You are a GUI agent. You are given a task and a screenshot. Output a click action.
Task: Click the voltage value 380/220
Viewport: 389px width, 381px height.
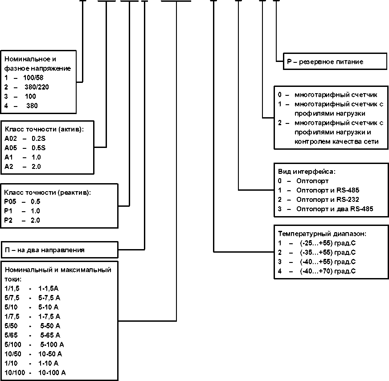tap(37, 87)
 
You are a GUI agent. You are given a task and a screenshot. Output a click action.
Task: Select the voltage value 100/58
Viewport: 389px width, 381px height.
tap(33, 78)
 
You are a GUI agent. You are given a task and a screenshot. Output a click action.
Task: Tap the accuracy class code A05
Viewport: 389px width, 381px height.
tap(11, 148)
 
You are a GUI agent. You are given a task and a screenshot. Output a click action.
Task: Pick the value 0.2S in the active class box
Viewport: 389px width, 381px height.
tap(38, 139)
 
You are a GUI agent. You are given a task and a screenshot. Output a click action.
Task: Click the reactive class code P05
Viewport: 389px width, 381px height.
tap(10, 201)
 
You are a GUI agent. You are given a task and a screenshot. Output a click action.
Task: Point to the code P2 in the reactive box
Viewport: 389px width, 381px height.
tap(8, 220)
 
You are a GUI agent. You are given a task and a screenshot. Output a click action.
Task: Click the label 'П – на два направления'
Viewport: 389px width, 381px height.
tap(45, 250)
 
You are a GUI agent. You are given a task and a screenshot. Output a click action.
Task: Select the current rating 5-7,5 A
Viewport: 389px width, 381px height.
tap(49, 298)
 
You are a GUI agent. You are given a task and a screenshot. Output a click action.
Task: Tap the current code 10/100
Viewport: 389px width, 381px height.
tap(15, 373)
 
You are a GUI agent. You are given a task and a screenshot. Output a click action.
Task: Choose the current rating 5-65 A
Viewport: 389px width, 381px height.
tap(50, 336)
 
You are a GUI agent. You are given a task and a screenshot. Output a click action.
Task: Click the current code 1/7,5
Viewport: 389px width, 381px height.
tap(12, 316)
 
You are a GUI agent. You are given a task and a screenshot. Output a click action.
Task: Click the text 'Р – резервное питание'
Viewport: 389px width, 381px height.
tap(325, 62)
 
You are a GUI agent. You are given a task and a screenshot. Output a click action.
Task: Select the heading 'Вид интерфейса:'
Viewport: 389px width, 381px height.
tap(307, 172)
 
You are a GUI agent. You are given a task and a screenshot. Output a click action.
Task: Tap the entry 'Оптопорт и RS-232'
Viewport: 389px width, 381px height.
tap(328, 200)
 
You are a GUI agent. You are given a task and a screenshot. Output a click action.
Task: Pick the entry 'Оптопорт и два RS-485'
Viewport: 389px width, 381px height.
tap(335, 209)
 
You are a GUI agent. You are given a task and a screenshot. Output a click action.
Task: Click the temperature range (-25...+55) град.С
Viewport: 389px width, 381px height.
tap(328, 243)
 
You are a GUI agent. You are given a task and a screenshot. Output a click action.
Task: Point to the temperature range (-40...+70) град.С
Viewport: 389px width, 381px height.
tap(328, 271)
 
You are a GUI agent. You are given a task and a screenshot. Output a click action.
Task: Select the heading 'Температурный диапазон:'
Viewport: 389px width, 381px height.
tap(322, 234)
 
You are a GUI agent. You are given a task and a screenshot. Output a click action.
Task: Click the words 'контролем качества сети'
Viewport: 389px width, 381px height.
tap(336, 142)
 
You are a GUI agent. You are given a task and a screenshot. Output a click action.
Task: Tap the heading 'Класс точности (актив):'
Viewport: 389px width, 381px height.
tap(45, 129)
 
